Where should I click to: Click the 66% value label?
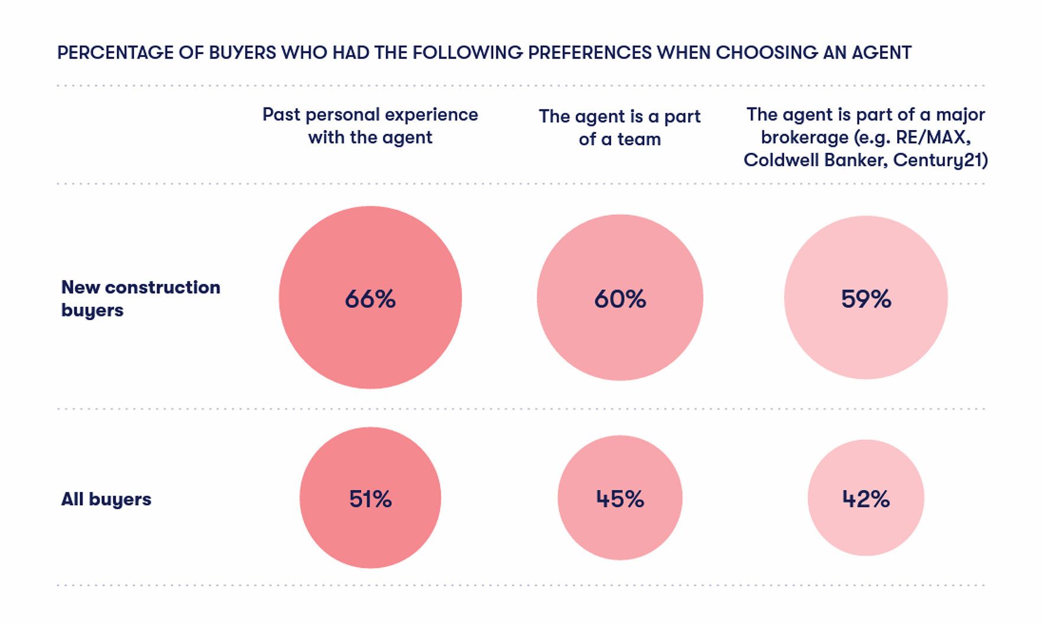pyautogui.click(x=370, y=299)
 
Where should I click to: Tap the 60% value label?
pyautogui.click(x=620, y=299)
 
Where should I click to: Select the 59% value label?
pyautogui.click(x=866, y=299)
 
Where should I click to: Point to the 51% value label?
pyautogui.click(x=370, y=499)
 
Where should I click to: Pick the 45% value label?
pyautogui.click(x=620, y=499)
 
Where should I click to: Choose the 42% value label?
pyautogui.click(x=866, y=499)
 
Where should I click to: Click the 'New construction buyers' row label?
pyautogui.click(x=141, y=298)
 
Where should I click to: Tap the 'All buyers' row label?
pyautogui.click(x=106, y=499)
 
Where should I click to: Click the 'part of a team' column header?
pyautogui.click(x=619, y=128)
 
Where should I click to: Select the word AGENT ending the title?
pyautogui.click(x=881, y=53)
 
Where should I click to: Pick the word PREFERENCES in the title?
pyautogui.click(x=589, y=53)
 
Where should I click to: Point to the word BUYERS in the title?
pyautogui.click(x=242, y=53)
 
